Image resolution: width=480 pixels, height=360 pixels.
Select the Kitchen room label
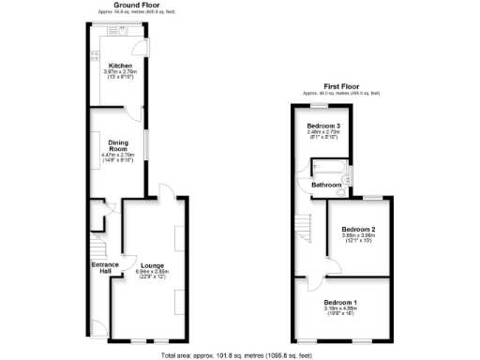(119, 66)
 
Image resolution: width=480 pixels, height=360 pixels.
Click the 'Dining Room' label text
(118, 146)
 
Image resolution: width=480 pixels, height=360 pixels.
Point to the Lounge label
(153, 265)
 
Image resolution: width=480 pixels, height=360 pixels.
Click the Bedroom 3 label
(324, 126)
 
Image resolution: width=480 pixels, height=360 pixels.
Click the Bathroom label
(326, 186)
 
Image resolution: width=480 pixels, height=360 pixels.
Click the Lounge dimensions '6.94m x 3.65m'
(153, 272)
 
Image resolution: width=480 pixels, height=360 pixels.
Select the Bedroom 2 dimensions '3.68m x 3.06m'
(358, 235)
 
